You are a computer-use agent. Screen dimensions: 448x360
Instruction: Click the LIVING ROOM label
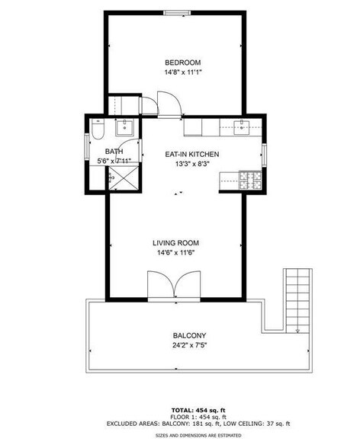[176, 243]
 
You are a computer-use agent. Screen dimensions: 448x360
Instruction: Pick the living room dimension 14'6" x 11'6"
[176, 253]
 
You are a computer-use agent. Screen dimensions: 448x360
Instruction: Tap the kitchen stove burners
[249, 181]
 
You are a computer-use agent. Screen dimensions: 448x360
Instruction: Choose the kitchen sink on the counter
[243, 126]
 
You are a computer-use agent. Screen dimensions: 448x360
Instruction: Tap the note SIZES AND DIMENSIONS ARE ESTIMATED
[182, 435]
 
